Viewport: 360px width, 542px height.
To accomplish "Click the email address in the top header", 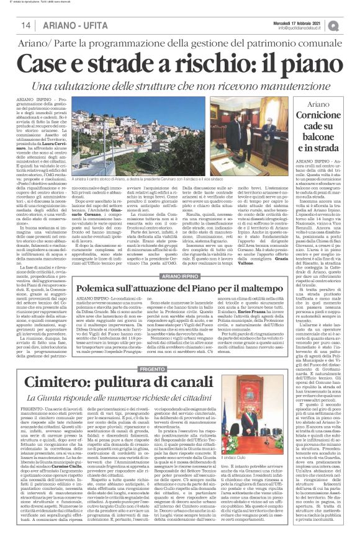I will pos(302,28).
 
